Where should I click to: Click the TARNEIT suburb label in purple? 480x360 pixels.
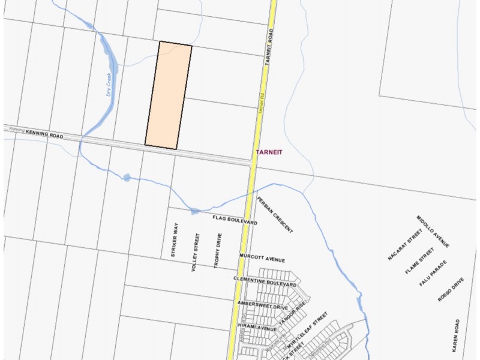point(268,152)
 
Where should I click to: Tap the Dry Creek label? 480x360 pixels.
point(109,86)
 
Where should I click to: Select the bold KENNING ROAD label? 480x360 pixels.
point(44,136)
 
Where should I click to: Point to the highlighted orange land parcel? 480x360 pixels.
point(169,96)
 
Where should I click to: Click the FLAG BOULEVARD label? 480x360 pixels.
point(235,220)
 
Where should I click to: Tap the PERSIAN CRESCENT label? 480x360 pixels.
point(275,215)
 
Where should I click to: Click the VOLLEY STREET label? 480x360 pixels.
point(196,252)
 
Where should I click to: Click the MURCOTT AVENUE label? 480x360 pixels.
point(262,258)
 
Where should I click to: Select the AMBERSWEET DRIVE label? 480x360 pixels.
point(263,307)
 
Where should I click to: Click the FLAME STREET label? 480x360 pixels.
point(419,260)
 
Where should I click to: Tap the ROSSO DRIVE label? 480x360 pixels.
point(451,289)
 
